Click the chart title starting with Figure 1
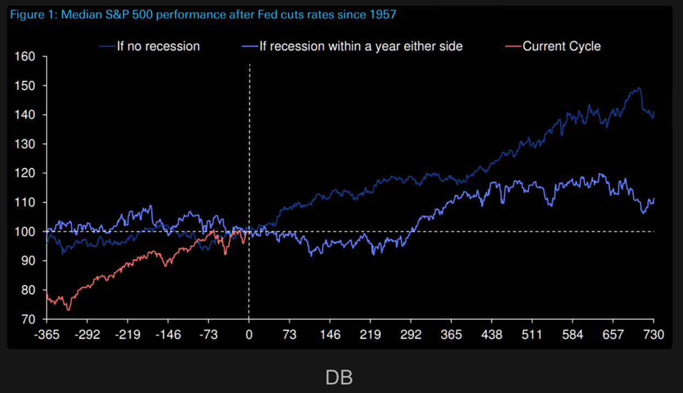pos(202,15)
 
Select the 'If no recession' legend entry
pos(158,46)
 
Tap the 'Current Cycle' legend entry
pos(562,46)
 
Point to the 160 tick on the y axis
pos(25,56)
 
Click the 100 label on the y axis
pos(25,231)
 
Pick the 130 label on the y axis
pos(25,144)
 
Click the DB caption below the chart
pos(339,378)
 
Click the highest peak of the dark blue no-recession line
pos(638,88)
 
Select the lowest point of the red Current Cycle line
pos(68,310)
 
